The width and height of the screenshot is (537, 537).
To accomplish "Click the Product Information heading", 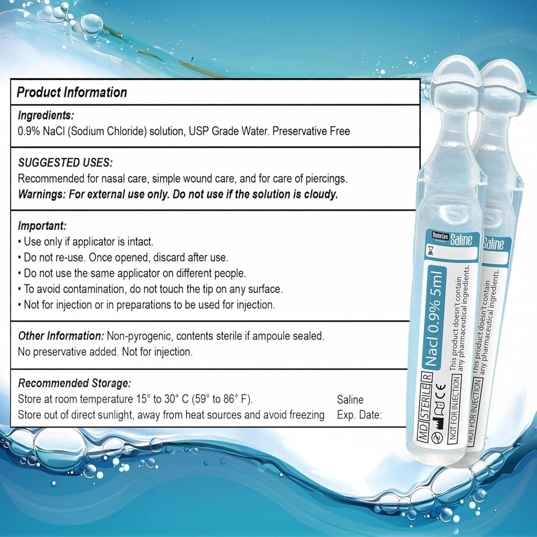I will (x=72, y=93).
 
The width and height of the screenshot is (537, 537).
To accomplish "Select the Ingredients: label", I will (x=46, y=115).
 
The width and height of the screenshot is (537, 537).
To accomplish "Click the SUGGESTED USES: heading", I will (x=65, y=163).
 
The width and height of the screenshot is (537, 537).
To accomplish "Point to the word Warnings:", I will (x=42, y=194).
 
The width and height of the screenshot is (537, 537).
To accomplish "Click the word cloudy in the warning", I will (x=320, y=194).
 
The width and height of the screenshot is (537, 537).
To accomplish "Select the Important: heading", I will (x=42, y=226).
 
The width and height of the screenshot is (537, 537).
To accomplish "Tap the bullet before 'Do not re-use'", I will (x=19, y=258).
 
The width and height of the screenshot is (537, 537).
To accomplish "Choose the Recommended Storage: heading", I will (x=74, y=383).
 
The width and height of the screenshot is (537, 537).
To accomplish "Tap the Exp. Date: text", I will (x=359, y=415).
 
